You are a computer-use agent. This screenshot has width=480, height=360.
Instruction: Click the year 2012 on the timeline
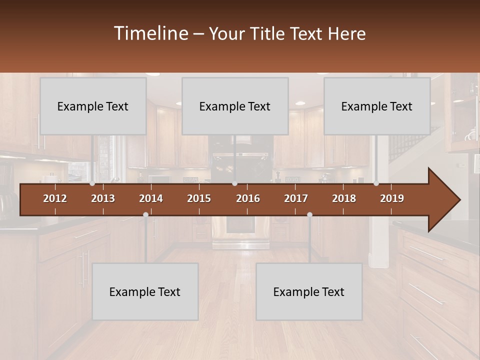pyautogui.click(x=55, y=198)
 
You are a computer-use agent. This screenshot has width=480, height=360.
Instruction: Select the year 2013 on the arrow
pyautogui.click(x=103, y=198)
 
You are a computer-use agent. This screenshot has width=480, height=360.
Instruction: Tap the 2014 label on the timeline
pyautogui.click(x=151, y=198)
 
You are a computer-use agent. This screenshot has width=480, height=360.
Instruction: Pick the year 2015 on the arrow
pyautogui.click(x=199, y=198)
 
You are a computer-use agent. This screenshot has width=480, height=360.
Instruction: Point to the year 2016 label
pyautogui.click(x=248, y=198)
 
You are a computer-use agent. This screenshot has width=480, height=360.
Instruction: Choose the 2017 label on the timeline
pyautogui.click(x=296, y=198)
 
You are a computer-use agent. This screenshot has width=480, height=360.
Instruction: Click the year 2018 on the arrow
pyautogui.click(x=344, y=198)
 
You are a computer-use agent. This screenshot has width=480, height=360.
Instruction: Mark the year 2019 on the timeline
pyautogui.click(x=392, y=198)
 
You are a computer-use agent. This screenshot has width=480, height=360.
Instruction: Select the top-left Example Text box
pyautogui.click(x=93, y=106)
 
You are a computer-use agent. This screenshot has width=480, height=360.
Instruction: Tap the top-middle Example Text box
pyautogui.click(x=235, y=106)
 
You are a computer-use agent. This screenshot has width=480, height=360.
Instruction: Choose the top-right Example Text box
pyautogui.click(x=377, y=106)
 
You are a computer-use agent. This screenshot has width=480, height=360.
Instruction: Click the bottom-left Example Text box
pyautogui.click(x=145, y=291)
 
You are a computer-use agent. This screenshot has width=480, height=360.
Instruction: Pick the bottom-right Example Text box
pyautogui.click(x=309, y=291)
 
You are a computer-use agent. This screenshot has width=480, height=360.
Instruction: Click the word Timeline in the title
pyautogui.click(x=150, y=33)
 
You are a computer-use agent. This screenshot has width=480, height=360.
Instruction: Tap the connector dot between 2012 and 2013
pyautogui.click(x=92, y=183)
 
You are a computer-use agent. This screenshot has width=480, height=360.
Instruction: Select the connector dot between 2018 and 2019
pyautogui.click(x=376, y=183)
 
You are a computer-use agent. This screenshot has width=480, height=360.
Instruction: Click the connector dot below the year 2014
pyautogui.click(x=145, y=214)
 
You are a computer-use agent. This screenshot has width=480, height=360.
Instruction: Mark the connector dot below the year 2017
pyautogui.click(x=309, y=214)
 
